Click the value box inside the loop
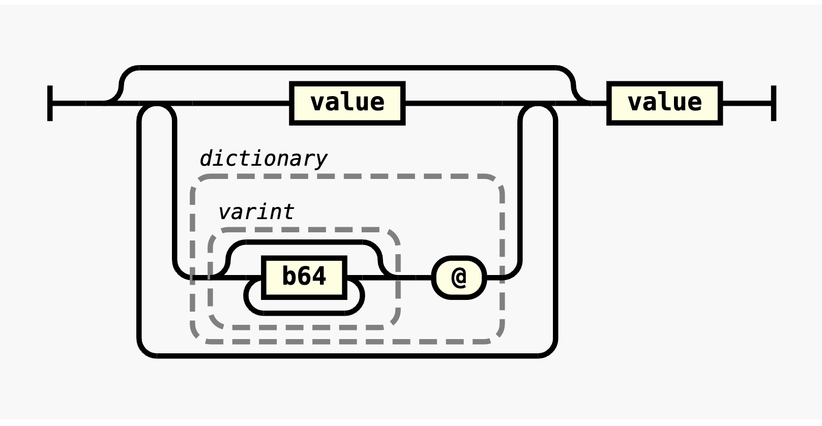347,103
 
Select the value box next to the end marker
665,103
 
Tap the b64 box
304,277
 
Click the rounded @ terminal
459,278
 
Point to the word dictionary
263,159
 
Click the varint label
256,212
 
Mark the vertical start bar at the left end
50,103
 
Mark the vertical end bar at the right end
774,103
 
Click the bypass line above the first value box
347,67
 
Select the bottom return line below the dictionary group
347,355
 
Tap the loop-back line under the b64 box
304,312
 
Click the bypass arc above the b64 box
304,242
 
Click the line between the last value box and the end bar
747,103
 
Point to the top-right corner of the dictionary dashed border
497,181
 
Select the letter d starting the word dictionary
205,159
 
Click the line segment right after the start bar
76,103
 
